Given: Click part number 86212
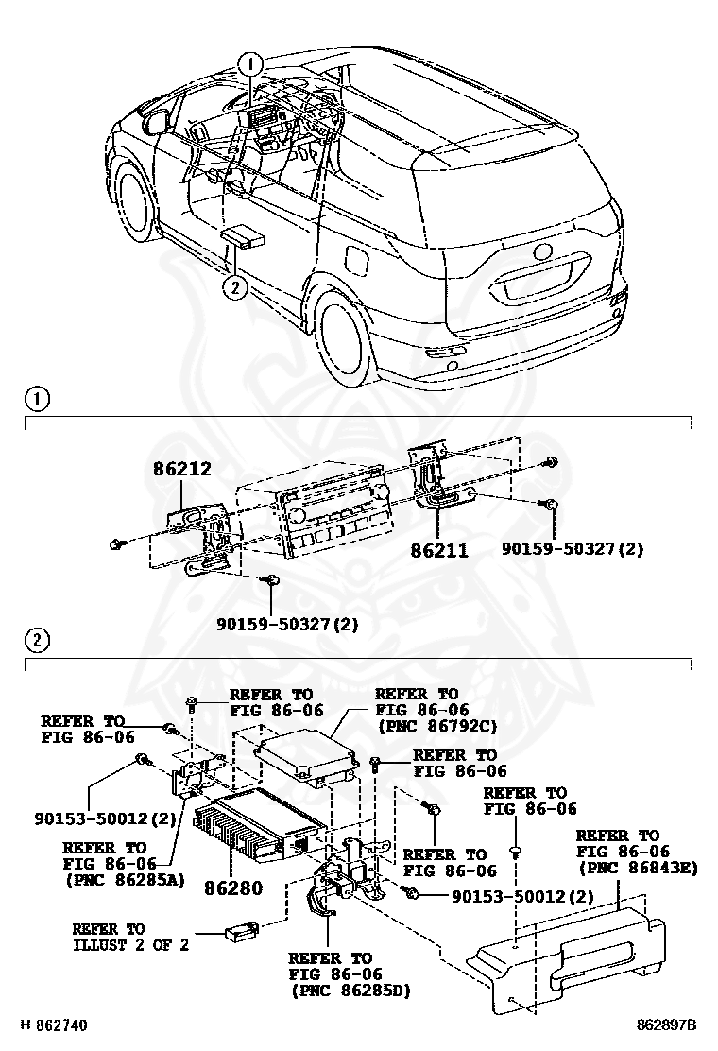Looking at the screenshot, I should click(182, 468).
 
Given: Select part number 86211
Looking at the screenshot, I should click(439, 550).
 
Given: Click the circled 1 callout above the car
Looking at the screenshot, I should click(250, 64).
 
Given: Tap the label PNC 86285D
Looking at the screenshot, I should click(345, 991).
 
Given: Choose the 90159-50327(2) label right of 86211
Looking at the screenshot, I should click(573, 549).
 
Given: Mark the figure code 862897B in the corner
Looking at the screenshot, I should click(665, 1025).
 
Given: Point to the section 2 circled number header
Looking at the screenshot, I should click(35, 641).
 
